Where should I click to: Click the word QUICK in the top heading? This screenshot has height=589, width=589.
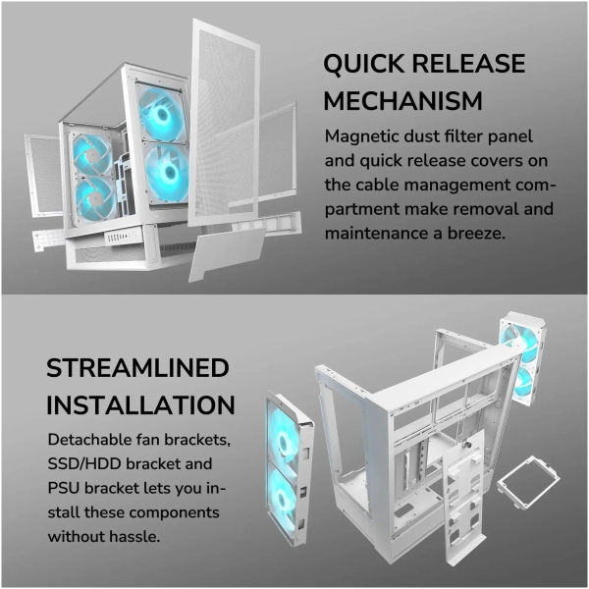click(x=363, y=63)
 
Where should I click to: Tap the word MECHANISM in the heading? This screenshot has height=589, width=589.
click(x=402, y=101)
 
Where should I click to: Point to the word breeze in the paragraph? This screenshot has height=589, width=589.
click(x=476, y=234)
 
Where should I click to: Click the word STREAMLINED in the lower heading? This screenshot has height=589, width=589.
click(x=137, y=368)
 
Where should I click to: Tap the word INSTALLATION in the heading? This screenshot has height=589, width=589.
click(x=140, y=404)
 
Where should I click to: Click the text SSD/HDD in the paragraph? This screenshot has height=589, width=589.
click(x=84, y=464)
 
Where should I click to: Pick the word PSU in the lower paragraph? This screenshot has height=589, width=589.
click(x=63, y=488)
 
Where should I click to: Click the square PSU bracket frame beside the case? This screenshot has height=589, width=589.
click(x=527, y=482)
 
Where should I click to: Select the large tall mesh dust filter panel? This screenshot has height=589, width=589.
click(x=225, y=123)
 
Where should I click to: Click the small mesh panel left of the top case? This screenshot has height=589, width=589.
click(x=44, y=175)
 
